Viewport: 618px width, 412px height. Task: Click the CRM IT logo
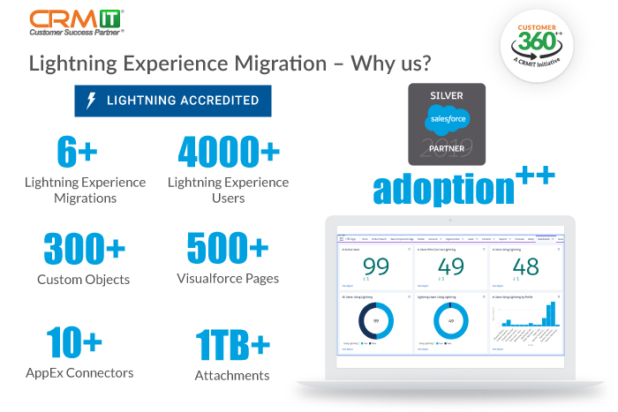(77, 21)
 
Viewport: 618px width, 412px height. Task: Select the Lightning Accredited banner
(173, 101)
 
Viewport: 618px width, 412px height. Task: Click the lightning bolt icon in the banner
(91, 101)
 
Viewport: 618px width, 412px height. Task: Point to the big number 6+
(77, 152)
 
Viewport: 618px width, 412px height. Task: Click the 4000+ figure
(228, 152)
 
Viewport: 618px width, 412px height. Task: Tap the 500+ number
(228, 249)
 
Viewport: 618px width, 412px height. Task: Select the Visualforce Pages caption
(228, 279)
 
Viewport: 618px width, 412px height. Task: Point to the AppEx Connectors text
(79, 372)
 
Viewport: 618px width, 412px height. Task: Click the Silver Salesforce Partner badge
(447, 124)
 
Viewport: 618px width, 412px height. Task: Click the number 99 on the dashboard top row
(375, 267)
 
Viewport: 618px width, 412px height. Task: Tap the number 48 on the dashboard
(524, 267)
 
